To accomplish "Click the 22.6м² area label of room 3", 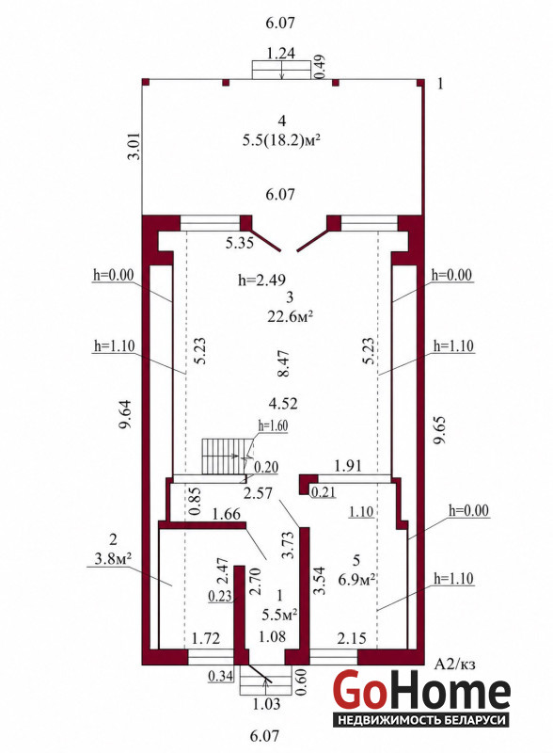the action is (290, 316).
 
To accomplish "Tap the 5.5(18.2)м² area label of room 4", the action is (281, 140).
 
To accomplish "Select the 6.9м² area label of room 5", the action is (356, 580).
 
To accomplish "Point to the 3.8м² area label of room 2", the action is (113, 558).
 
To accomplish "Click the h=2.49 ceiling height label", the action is (262, 280).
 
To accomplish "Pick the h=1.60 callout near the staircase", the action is (273, 425).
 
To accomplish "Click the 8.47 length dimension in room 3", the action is (284, 363).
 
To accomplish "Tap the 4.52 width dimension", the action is (283, 404).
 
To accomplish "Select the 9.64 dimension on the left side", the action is (127, 414).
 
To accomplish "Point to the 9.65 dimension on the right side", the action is (440, 430).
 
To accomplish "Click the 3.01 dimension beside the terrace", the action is (135, 146).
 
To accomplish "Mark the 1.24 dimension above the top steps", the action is (281, 53).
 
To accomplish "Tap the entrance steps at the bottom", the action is (265, 680).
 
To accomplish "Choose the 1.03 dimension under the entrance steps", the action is (266, 704).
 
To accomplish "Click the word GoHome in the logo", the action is (421, 689).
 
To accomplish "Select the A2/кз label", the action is (454, 665).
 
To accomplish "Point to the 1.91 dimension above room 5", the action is (348, 465).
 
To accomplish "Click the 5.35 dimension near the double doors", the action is (240, 243).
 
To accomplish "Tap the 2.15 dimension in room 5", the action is (352, 638).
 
